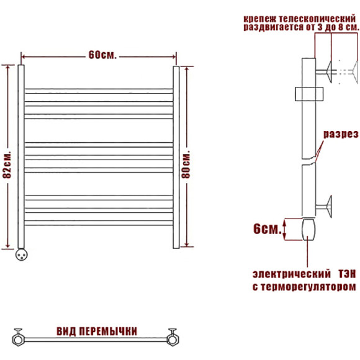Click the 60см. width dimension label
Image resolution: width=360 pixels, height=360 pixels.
coord(102,55)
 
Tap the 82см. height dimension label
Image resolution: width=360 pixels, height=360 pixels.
coord(7,164)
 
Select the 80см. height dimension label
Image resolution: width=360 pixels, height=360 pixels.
coord(186,164)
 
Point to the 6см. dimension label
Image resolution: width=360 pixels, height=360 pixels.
coord(268,229)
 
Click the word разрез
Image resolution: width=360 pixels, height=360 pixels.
coord(341,135)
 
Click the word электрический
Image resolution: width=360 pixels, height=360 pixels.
coord(292,274)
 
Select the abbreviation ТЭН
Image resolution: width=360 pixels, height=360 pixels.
coord(347,274)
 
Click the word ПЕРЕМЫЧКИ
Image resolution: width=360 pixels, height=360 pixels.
coord(108,331)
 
